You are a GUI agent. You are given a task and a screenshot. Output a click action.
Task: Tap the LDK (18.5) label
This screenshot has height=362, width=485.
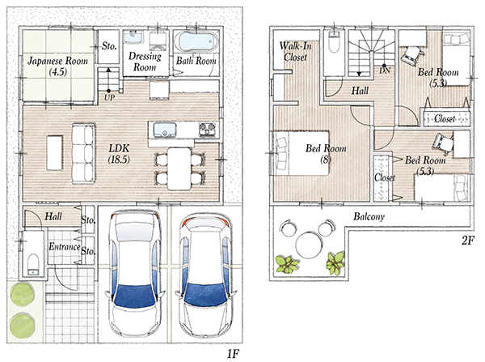[119, 153]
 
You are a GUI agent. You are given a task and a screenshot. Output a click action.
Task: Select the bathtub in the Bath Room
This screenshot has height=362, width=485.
[196, 42]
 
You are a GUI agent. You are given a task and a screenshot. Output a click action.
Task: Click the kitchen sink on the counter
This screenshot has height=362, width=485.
[165, 130]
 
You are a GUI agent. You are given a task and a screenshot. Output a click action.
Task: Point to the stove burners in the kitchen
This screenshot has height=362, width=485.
[207, 129]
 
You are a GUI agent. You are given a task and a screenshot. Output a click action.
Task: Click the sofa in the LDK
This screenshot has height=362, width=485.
[83, 153]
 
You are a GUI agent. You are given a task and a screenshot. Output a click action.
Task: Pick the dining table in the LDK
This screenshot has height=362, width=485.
[179, 169]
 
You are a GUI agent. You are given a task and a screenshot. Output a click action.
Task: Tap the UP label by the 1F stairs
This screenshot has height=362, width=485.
[109, 98]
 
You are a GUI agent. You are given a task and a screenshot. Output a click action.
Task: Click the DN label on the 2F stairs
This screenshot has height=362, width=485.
[385, 71]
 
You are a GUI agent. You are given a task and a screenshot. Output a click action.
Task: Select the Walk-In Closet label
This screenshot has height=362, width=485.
[295, 52]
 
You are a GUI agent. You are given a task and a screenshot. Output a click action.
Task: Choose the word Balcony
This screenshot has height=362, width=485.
[369, 216]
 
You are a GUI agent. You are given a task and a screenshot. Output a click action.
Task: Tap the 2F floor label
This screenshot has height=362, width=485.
[468, 241]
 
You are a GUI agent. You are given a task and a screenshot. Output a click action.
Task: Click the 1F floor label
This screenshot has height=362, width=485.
[234, 354]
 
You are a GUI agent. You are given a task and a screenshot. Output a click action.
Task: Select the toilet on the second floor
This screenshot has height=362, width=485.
[334, 42]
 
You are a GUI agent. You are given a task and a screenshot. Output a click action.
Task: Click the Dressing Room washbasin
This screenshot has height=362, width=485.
[134, 37]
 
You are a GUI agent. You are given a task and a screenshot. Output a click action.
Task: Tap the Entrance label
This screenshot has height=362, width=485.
[65, 247]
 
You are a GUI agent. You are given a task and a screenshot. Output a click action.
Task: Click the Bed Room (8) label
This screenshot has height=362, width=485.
[326, 154]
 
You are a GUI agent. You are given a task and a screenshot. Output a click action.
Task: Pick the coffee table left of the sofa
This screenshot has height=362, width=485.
[55, 153]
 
